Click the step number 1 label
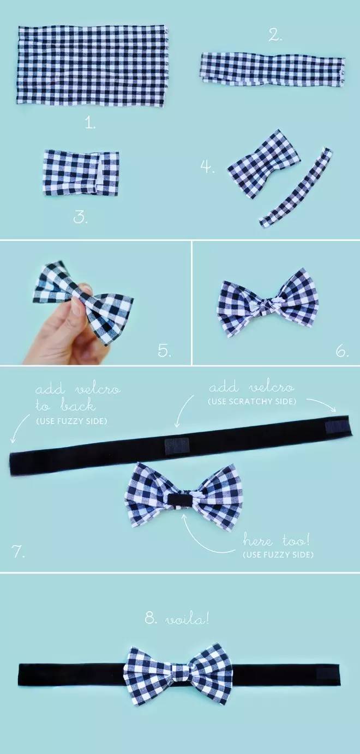click(x=90, y=124)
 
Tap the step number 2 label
click(x=275, y=35)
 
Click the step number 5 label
click(x=165, y=351)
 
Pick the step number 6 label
click(x=342, y=352)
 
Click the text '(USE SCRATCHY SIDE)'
click(x=252, y=401)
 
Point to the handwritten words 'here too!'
click(x=275, y=541)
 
